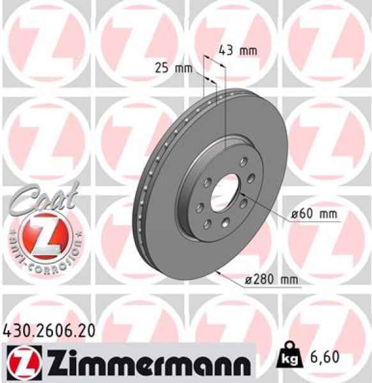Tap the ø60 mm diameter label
coord(313,214)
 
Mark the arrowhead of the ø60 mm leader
coord(243,200)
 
